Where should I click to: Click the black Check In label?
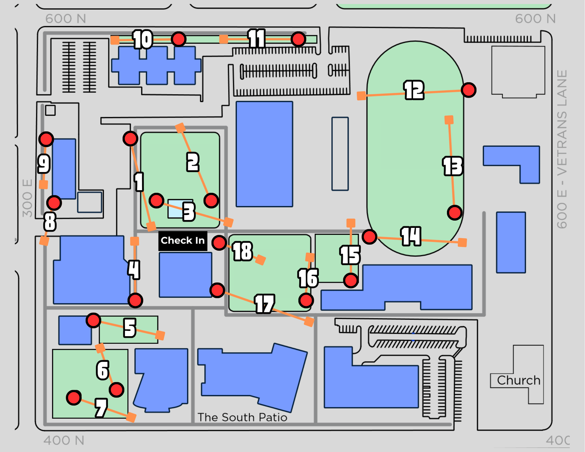pyautogui.click(x=183, y=241)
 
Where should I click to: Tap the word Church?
pyautogui.click(x=518, y=380)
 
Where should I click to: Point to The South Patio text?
pyautogui.click(x=242, y=417)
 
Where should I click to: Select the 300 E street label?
pyautogui.click(x=28, y=198)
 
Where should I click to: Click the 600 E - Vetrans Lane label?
pyautogui.click(x=562, y=149)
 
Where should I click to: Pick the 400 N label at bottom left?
pyautogui.click(x=64, y=440)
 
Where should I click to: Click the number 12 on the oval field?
pyautogui.click(x=414, y=90)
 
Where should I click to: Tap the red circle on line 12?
pyautogui.click(x=469, y=90)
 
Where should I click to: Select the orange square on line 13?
pyautogui.click(x=449, y=120)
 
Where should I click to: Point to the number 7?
pyautogui.click(x=101, y=408)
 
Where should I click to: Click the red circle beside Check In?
pyautogui.click(x=219, y=242)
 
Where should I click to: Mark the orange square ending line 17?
pyautogui.click(x=309, y=321)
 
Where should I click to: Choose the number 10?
pyautogui.click(x=142, y=40)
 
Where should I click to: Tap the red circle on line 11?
pyautogui.click(x=298, y=39)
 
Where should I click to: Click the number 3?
pyautogui.click(x=189, y=212)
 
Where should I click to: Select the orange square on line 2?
pyautogui.click(x=180, y=127)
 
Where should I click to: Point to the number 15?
pyautogui.click(x=350, y=255)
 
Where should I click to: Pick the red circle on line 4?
pyautogui.click(x=135, y=300)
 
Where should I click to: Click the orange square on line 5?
pyautogui.click(x=160, y=335)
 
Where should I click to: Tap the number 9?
pyautogui.click(x=44, y=164)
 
